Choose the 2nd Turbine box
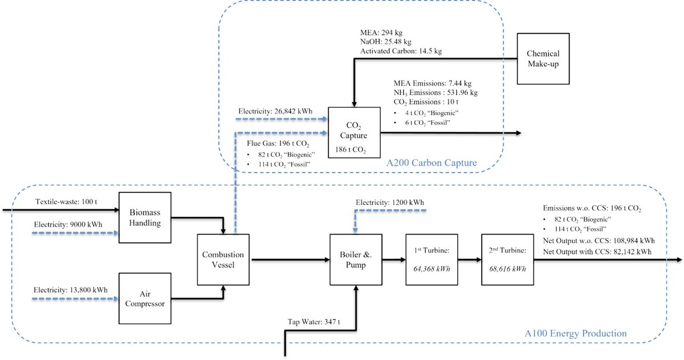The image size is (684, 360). (x=506, y=260)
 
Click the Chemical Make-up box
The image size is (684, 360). (x=543, y=58)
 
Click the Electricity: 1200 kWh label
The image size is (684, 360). (x=390, y=202)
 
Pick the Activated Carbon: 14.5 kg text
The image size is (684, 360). (x=401, y=51)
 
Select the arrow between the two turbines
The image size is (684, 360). (x=466, y=260)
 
